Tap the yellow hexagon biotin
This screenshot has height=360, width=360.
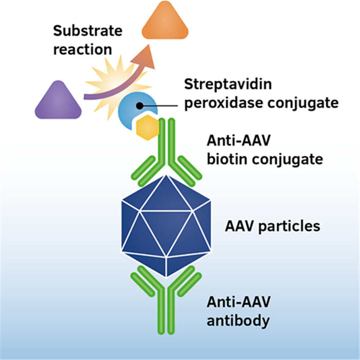pos(148,127)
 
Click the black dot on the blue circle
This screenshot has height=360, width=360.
pos(139,106)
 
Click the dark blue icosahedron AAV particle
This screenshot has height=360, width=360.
pos(166,226)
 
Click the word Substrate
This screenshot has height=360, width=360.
pos(88,31)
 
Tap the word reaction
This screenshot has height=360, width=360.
pos(83,49)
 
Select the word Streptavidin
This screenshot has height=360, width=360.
pos(228,84)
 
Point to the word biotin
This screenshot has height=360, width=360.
pos(228,159)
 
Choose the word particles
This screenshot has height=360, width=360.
pos(289,226)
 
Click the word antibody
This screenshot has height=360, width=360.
pos(238,321)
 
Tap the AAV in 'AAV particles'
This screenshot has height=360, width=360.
pos(240,226)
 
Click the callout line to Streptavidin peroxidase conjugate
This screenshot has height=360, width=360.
pos(159,106)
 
